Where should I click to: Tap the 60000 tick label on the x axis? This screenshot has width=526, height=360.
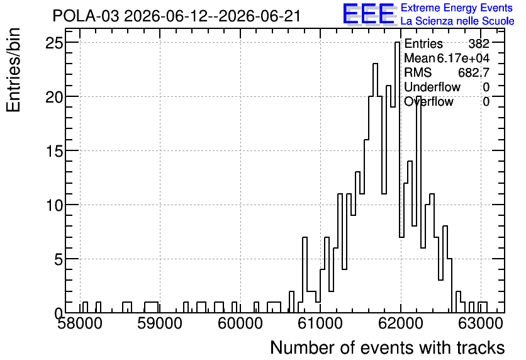click(x=240, y=323)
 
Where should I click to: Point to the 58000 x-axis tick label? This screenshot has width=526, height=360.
click(x=80, y=323)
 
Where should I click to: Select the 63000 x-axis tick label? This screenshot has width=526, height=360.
click(x=481, y=323)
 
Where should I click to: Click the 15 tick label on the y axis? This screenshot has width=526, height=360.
click(x=54, y=151)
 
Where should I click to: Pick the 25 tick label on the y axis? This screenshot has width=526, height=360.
click(x=54, y=43)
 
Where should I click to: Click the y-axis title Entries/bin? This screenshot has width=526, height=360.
click(x=13, y=70)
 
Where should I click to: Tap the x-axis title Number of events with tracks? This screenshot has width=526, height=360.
click(x=388, y=347)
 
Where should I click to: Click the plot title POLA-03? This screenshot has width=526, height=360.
click(x=86, y=16)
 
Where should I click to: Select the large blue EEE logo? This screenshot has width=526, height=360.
click(x=369, y=14)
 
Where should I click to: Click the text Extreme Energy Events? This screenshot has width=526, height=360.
click(x=457, y=8)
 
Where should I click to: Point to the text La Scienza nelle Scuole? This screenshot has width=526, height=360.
click(x=457, y=21)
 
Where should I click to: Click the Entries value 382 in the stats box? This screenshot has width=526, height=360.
click(x=479, y=43)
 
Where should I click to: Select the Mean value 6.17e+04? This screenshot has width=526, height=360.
click(x=463, y=58)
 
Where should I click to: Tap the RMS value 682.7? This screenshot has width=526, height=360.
click(x=474, y=72)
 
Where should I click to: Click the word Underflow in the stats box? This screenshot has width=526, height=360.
click(x=432, y=87)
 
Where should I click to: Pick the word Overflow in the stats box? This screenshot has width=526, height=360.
click(x=428, y=102)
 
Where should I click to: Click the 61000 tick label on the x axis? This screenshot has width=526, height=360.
click(x=320, y=323)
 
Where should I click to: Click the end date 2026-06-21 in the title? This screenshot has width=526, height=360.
click(x=260, y=16)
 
